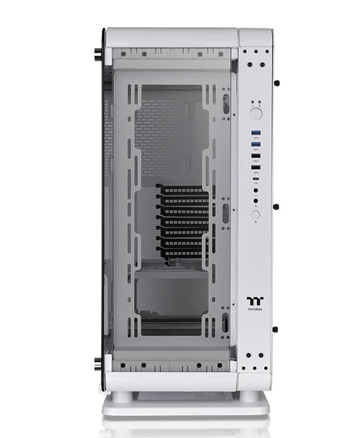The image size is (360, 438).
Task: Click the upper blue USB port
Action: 257,133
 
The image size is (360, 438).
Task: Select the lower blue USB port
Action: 257,144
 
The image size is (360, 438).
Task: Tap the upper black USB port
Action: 257,156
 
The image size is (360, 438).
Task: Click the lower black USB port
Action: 257,167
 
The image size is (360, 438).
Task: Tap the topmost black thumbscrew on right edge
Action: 277,84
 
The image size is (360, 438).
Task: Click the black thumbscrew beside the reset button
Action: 277,207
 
